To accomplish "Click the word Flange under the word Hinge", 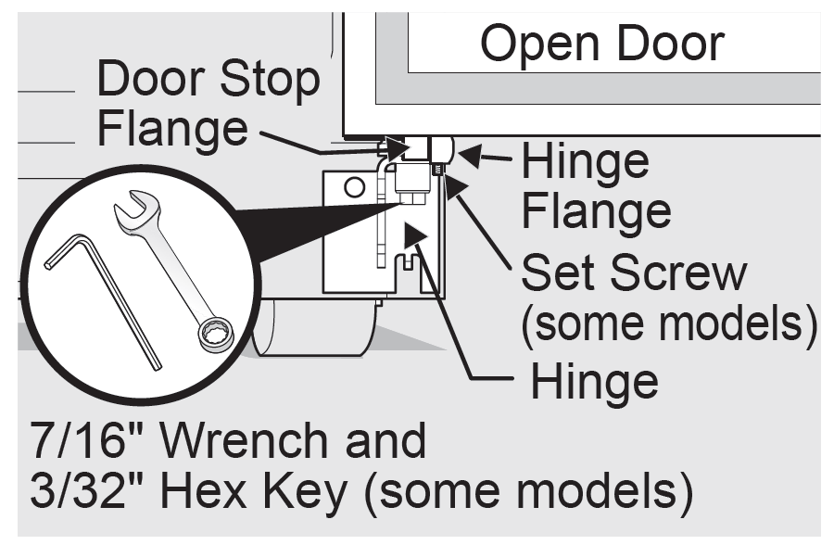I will click(x=596, y=210).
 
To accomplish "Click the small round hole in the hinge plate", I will click(x=352, y=188).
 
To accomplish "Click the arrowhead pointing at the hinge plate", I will click(x=419, y=233).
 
